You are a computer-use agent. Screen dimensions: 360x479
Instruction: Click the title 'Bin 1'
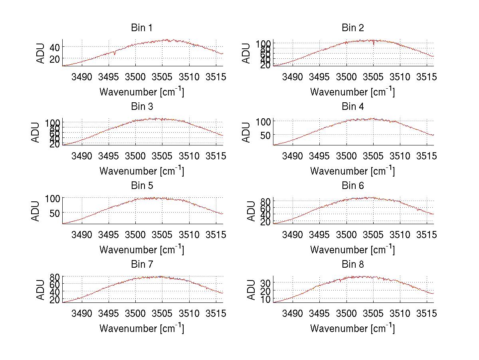142,28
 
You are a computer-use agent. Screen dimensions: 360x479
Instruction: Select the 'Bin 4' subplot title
353,107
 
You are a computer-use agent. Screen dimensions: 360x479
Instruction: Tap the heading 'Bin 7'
142,265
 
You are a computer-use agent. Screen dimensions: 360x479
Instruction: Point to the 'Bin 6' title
353,186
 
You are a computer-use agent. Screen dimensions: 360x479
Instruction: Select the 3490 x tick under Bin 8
293,313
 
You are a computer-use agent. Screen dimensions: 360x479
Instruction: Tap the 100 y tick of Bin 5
52,198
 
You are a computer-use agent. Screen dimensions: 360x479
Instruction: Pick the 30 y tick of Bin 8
265,282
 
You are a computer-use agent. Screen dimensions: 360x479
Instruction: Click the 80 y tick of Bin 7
55,276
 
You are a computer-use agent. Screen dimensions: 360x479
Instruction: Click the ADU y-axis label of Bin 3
36,132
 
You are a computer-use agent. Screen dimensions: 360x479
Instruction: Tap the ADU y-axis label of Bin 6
251,211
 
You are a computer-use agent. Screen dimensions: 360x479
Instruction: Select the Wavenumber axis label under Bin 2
353,92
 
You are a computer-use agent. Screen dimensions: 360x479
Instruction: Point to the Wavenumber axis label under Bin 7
142,328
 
